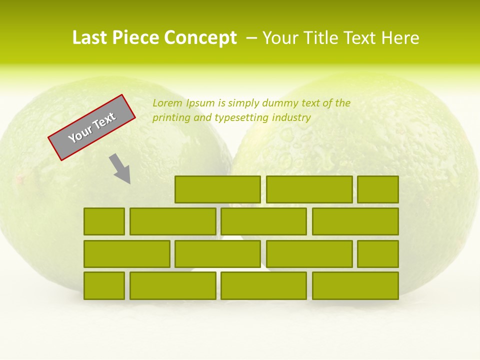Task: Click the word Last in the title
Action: [x=90, y=38]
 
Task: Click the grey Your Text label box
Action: [x=91, y=127]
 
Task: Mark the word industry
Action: [x=292, y=118]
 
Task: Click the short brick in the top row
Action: [x=377, y=189]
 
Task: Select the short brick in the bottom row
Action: [x=104, y=285]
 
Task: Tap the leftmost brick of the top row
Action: [x=217, y=189]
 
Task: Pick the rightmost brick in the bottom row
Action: [x=355, y=285]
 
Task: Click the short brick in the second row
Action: [x=104, y=221]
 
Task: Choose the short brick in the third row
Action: [x=377, y=253]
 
